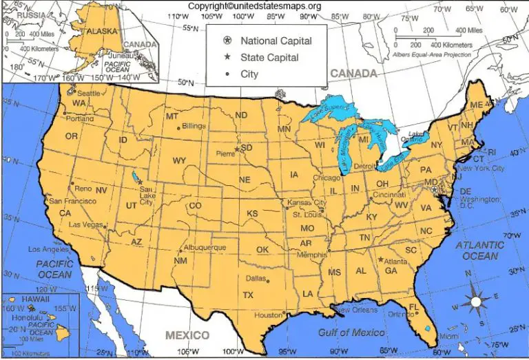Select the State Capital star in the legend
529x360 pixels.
point(226,57)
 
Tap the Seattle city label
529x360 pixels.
point(88,93)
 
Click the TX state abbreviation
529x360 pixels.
point(248,295)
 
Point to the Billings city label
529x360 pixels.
point(194,127)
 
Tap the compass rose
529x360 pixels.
point(475,300)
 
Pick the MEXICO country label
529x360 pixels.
point(187,335)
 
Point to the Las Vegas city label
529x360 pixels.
point(85,225)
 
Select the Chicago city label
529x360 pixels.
point(326,178)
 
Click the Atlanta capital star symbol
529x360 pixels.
point(380,260)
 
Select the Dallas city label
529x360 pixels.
point(256,278)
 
